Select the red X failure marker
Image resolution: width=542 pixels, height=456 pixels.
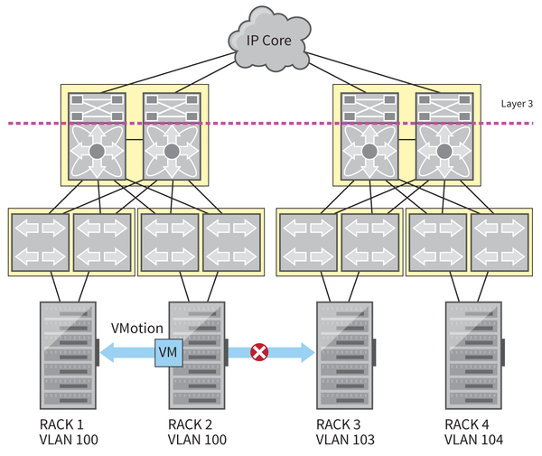pyautogui.click(x=259, y=351)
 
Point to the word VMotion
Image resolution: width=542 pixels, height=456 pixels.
pyautogui.click(x=136, y=328)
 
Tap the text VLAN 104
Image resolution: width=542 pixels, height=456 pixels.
pyautogui.click(x=473, y=440)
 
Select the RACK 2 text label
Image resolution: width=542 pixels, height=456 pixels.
pyautogui.click(x=192, y=423)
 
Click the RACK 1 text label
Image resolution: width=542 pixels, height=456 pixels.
pyautogui.click(x=62, y=423)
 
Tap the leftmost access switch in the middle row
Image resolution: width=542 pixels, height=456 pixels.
pyautogui.click(x=39, y=241)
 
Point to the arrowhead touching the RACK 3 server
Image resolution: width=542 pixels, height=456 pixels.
pyautogui.click(x=306, y=351)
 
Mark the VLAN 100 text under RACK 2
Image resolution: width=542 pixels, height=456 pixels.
pyautogui.click(x=197, y=440)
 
